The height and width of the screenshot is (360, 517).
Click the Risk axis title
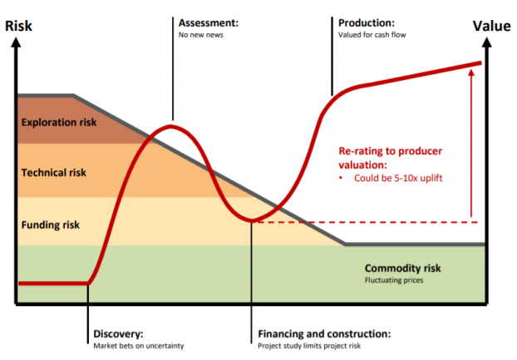point(20,25)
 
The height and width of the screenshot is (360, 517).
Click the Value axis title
point(491,25)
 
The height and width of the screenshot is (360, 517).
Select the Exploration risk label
point(59,123)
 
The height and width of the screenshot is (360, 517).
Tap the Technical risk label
point(54,173)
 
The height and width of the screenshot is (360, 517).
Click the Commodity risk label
point(402,269)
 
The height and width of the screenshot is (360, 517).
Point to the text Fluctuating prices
point(394,281)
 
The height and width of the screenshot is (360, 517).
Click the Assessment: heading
point(209,22)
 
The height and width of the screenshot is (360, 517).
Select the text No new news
point(201,35)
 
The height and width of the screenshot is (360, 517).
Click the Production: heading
point(367,22)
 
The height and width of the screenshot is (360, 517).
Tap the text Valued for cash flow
point(372,35)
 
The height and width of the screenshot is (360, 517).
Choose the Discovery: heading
point(119,334)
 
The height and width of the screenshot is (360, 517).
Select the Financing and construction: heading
point(324,334)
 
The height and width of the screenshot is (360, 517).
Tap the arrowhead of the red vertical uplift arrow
point(471,73)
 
